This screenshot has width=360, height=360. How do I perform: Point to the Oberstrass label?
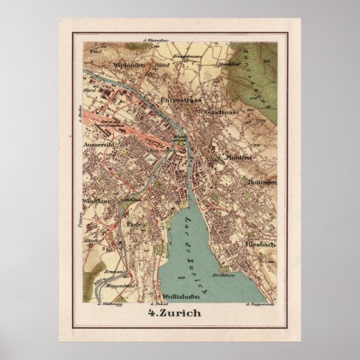click(219, 111)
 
